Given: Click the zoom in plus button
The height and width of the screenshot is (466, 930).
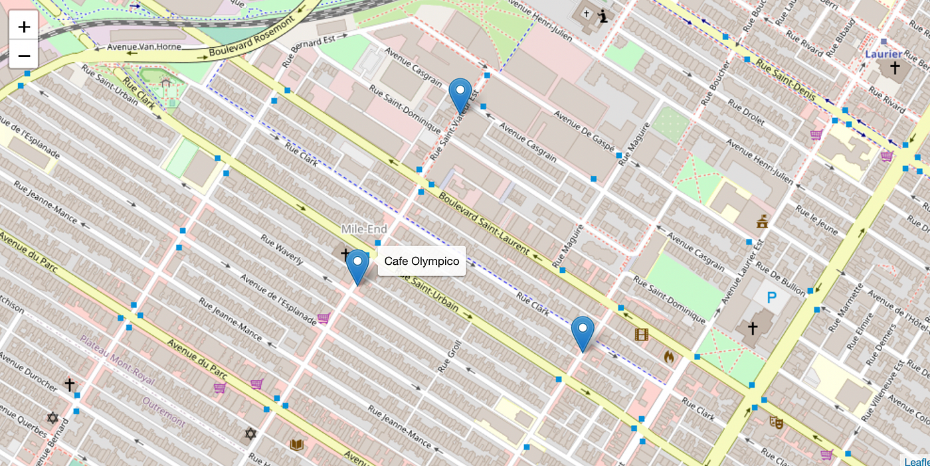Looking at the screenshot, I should [24, 27].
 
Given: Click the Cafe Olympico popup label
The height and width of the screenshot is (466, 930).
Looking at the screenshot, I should [421, 262].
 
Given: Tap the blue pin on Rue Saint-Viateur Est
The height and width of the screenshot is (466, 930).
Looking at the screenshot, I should [460, 95].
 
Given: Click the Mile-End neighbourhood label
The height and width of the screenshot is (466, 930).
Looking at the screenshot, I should [364, 229].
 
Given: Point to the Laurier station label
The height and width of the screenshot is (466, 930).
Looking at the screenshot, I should [883, 54].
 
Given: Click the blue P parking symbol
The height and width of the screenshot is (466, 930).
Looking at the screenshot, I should [771, 298].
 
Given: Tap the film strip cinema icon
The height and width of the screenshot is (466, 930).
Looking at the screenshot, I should [641, 335].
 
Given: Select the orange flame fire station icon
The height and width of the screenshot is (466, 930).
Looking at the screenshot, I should [669, 356].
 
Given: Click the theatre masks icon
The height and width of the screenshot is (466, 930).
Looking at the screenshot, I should [775, 421].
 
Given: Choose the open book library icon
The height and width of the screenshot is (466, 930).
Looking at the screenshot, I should [296, 444].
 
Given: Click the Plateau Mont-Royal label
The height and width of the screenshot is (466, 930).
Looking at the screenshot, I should [117, 360].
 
